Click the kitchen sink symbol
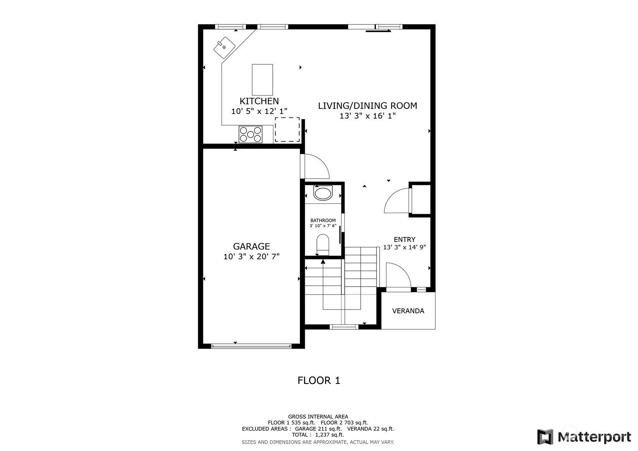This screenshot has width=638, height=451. click(224, 48)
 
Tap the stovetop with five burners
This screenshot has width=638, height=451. click(250, 134)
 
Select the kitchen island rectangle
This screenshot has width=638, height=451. click(262, 80)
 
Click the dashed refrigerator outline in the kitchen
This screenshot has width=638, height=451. click(287, 130)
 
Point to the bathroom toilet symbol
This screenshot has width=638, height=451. click(323, 245)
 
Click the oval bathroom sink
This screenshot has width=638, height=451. click(323, 193)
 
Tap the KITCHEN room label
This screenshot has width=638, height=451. click(259, 101)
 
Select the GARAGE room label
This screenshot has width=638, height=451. click(251, 246)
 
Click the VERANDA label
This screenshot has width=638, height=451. click(408, 311)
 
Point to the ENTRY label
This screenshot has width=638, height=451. click(404, 239)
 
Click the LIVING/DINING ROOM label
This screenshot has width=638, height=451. click(367, 106)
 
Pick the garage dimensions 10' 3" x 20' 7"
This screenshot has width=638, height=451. click(251, 257)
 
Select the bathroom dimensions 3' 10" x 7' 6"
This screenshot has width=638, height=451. click(323, 226)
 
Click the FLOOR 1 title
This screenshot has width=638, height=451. click(319, 380)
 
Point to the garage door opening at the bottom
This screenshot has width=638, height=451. click(251, 346)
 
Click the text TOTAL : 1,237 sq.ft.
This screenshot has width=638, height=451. click(318, 435)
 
